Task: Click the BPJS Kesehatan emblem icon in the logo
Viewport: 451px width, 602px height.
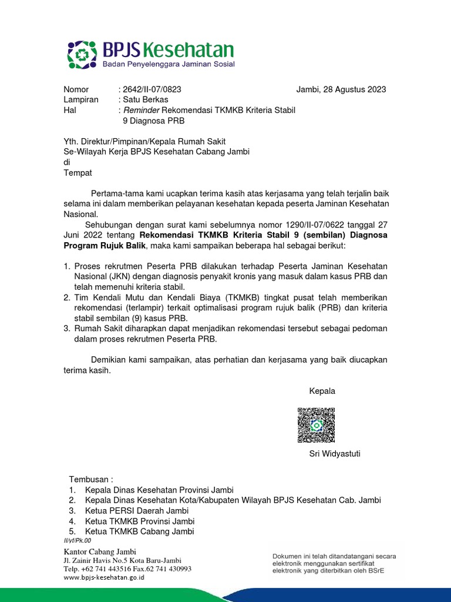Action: (x=81, y=54)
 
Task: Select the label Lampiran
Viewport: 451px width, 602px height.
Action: (x=81, y=100)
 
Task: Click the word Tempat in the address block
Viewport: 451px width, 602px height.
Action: (x=78, y=173)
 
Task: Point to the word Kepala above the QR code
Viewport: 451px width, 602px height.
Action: (x=322, y=391)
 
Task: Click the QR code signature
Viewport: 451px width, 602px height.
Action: (x=316, y=425)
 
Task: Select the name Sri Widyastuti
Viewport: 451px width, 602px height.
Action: (x=335, y=453)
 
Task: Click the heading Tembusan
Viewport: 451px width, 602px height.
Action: (x=90, y=479)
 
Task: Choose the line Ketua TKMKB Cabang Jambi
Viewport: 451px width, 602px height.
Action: (x=139, y=532)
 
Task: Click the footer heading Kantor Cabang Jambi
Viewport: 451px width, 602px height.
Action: (x=100, y=551)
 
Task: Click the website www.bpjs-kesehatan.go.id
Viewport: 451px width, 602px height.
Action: (x=104, y=577)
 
